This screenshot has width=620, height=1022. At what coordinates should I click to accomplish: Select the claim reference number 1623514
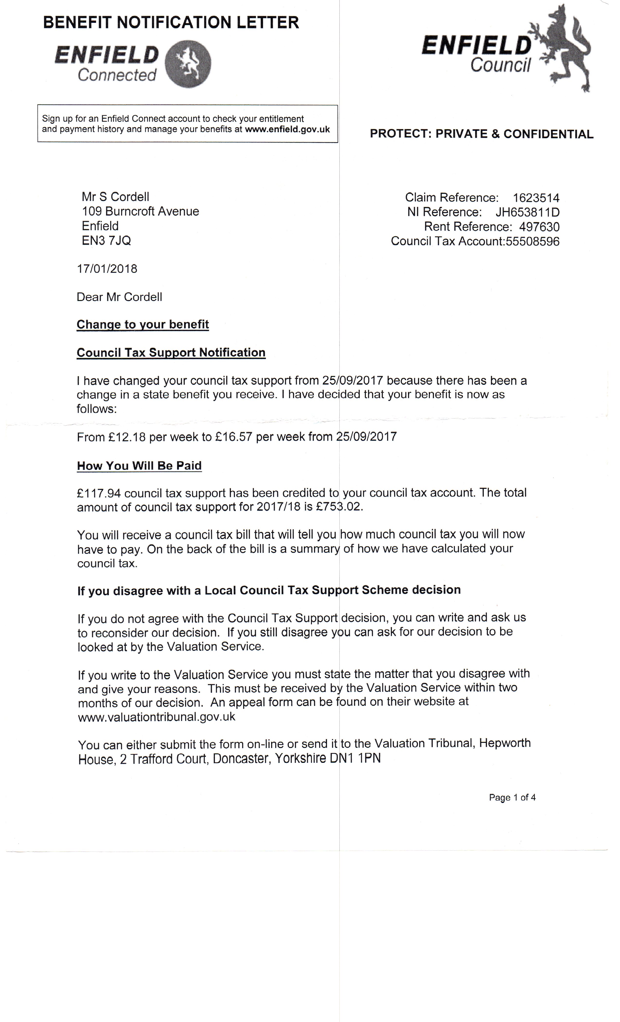pos(536,198)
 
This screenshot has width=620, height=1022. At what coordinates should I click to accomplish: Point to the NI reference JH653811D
pos(527,212)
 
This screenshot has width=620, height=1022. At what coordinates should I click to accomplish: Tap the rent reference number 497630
pos(539,227)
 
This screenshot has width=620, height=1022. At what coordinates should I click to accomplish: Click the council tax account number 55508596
pos(532,241)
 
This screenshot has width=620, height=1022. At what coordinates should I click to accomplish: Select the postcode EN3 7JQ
pos(106,241)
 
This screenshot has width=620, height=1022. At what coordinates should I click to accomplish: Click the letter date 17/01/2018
pos(107,269)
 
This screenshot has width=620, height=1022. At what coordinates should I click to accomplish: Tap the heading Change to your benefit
pos(142,324)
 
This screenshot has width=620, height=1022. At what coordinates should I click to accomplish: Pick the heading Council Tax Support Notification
pos(171,353)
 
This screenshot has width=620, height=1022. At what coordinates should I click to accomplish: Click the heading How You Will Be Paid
pos(139,466)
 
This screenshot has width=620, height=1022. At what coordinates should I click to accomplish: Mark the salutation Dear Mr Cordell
pos(119,297)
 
